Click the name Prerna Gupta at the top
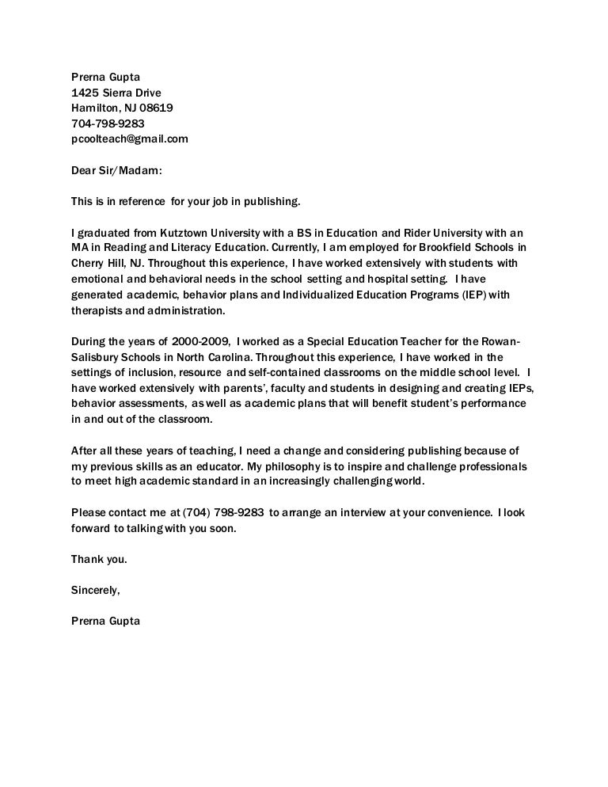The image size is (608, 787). coord(105,78)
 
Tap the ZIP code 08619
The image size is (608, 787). coord(156,108)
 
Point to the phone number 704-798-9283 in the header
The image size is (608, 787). coord(108,124)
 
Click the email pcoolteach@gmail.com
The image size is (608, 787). coord(129,139)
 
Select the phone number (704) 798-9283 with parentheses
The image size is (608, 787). coord(224,512)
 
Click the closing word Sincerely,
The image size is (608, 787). coord(95,590)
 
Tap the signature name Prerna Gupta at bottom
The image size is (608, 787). coord(105,621)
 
